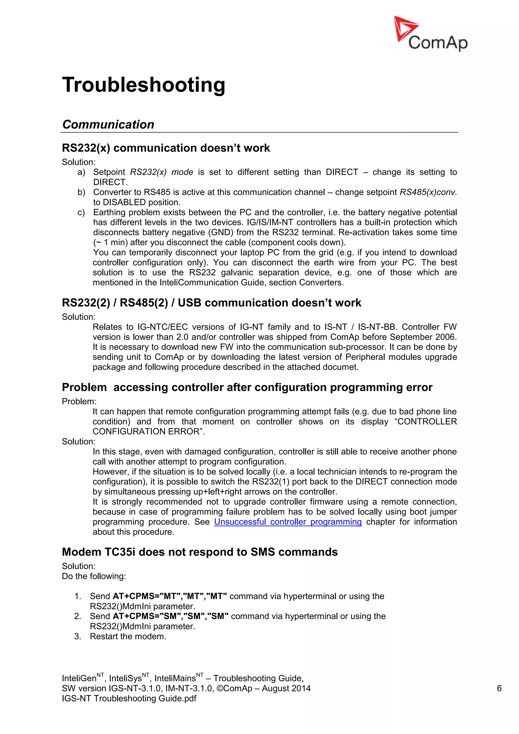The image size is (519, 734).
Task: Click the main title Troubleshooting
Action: [143, 85]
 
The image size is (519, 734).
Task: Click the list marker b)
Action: [81, 192]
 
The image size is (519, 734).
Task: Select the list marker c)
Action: [81, 212]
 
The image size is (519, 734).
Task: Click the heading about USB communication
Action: [211, 303]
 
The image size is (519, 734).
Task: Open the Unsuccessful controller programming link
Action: [288, 522]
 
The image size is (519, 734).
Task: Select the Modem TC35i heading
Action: [199, 552]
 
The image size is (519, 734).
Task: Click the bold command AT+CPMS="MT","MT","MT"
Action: [170, 596]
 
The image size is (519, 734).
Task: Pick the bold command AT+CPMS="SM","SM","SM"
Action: [170, 616]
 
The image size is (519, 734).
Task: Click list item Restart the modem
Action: [128, 636]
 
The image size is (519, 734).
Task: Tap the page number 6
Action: [499, 688]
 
